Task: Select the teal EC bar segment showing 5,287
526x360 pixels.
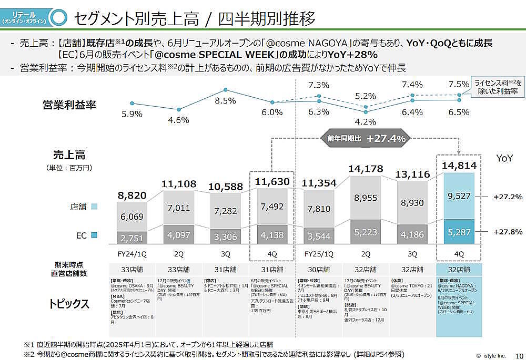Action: pos(459,232)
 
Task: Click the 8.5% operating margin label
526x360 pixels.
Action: pos(225,100)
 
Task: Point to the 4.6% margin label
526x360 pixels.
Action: pos(179,120)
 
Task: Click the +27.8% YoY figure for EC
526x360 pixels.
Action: pos(508,232)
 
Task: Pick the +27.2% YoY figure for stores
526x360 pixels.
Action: pos(508,197)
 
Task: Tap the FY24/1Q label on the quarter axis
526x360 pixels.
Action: pos(132,254)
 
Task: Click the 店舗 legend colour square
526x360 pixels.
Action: pos(95,207)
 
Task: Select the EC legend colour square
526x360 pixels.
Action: pos(95,235)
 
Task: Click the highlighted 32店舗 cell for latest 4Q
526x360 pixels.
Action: pos(459,270)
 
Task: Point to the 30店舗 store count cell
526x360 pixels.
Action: pos(319,270)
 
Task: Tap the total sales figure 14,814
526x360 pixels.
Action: pos(459,166)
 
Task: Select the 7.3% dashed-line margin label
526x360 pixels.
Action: pos(318,85)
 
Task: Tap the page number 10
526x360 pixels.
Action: pos(519,355)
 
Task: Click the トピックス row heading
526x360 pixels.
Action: pos(69,304)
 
